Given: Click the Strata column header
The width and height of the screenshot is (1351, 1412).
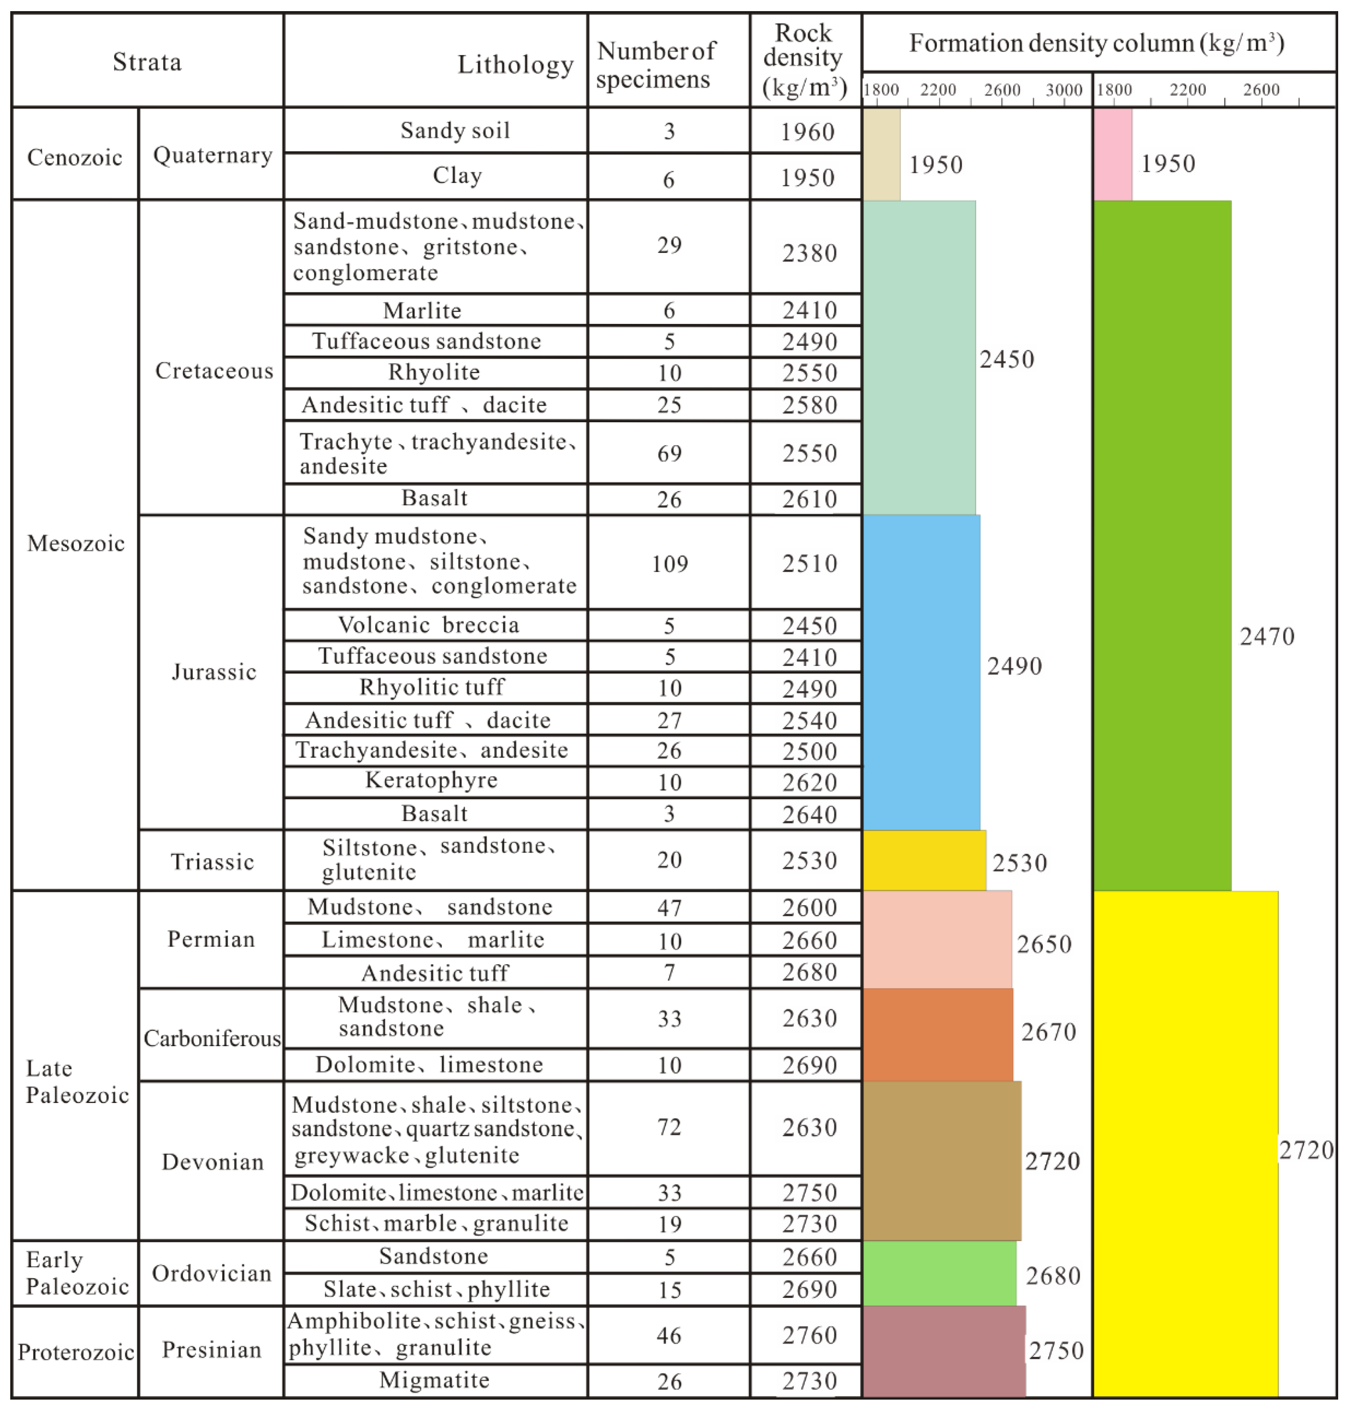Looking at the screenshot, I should [147, 62].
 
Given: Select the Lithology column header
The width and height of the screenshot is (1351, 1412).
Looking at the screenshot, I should [515, 65].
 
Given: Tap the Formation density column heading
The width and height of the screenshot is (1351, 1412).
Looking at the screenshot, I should [1096, 43].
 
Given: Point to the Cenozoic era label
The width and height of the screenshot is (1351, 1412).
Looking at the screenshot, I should [75, 157].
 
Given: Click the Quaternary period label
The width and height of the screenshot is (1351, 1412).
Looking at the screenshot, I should [212, 155].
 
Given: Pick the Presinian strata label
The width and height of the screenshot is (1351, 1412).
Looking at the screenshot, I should [212, 1349].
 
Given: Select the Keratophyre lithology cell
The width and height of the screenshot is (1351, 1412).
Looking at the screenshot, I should [431, 780].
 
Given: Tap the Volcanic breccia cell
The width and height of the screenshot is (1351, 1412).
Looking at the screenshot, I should [429, 624].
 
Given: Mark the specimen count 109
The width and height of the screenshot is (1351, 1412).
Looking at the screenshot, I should [670, 563].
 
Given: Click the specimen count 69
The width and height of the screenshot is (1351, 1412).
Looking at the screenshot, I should [669, 453].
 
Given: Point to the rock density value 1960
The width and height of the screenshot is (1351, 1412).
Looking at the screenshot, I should [807, 132].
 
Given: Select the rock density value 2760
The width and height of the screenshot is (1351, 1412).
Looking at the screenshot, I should [809, 1335].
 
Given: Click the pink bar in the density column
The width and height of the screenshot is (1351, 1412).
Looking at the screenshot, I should [1113, 154].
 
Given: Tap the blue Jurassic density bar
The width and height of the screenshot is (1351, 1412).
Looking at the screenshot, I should [921, 672].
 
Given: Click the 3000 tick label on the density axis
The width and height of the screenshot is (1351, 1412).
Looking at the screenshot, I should [1064, 90].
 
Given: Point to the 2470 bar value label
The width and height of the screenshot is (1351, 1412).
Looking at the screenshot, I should [1267, 636].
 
